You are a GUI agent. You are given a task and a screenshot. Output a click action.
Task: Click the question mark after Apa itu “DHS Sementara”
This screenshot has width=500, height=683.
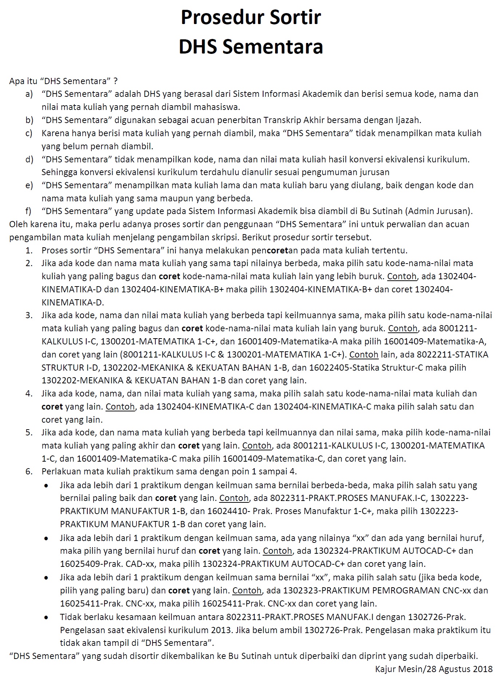[x=115, y=81]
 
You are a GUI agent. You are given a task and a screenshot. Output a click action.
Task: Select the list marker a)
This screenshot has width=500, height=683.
[x=29, y=94]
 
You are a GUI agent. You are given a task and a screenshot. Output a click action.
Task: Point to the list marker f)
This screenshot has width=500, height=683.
[x=28, y=211]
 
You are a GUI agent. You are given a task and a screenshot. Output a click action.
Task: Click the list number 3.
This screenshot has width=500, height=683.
[x=29, y=315]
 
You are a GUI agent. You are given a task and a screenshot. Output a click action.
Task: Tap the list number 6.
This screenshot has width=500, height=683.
[x=29, y=471]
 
